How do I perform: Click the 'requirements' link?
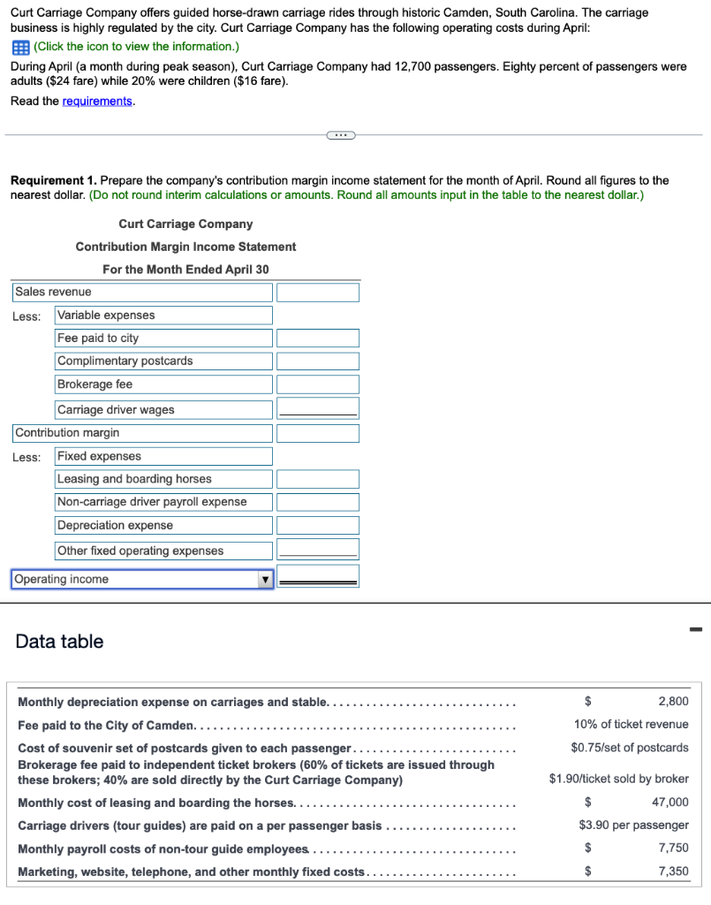point(97,101)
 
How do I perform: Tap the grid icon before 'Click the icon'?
point(19,47)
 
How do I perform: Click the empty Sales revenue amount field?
point(318,292)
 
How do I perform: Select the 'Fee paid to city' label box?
point(163,338)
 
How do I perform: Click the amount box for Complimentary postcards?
point(318,361)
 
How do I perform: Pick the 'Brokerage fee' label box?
point(163,384)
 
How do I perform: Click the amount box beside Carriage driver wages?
point(318,408)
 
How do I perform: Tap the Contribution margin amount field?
point(318,433)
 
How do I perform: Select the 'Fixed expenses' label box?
point(163,456)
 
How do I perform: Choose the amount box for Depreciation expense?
point(318,526)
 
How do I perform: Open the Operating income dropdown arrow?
point(263,580)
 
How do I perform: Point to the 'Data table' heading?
point(59,642)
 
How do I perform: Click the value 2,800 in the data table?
point(673,702)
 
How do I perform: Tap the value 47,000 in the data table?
point(670,802)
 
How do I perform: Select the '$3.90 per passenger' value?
point(633,825)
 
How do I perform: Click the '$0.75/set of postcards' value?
point(629,748)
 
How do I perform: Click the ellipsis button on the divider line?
point(340,135)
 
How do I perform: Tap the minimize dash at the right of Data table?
point(695,630)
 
